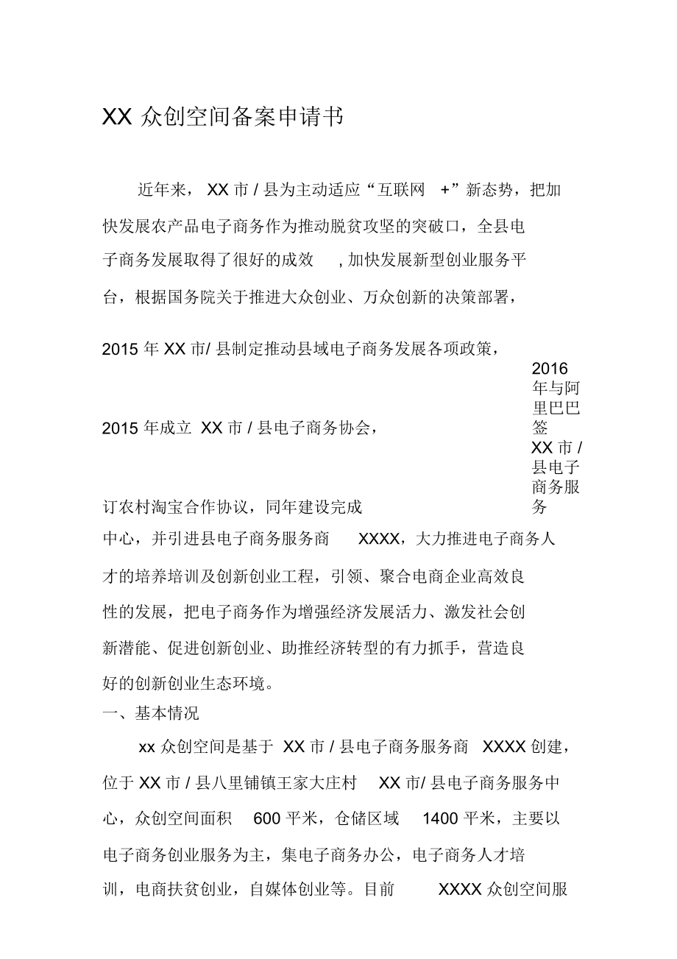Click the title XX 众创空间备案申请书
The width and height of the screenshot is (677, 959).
222,117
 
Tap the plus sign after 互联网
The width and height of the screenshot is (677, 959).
444,190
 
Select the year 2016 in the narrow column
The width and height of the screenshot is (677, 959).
550,368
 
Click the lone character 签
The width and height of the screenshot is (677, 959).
541,428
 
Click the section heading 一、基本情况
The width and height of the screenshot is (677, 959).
151,713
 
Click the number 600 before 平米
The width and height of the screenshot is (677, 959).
266,818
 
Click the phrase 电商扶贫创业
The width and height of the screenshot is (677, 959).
185,889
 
